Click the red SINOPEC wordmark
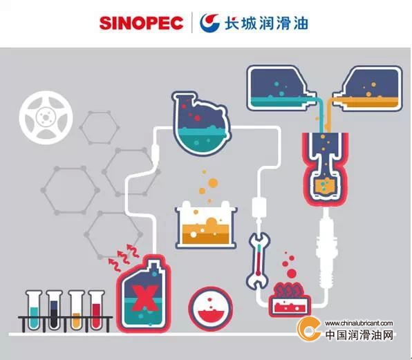tap(141, 23)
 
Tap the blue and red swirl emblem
tap(209, 23)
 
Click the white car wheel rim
tap(46, 117)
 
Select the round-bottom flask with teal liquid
tap(200, 124)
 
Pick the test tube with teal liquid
tap(34, 310)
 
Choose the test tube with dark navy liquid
tap(54, 310)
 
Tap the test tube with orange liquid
tap(76, 310)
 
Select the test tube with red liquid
tap(96, 310)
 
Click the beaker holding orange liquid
tap(206, 225)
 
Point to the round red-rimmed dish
tap(211, 309)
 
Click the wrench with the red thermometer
tap(259, 260)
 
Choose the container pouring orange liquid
tap(368, 88)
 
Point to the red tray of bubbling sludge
tap(290, 300)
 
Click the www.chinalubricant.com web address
tap(359, 323)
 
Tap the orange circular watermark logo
tap(309, 329)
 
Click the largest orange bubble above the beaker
tap(213, 182)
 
